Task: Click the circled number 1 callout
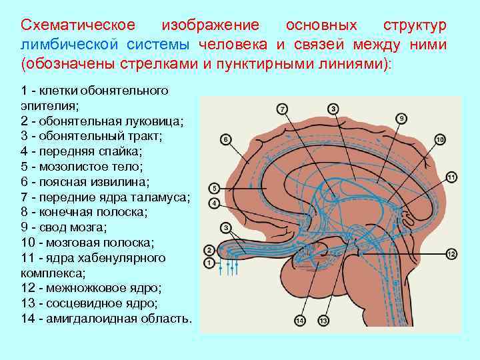(x=210, y=263)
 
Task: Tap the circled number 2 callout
(x=210, y=251)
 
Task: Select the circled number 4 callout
(x=214, y=202)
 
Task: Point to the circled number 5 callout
(x=214, y=188)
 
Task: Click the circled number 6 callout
(x=225, y=139)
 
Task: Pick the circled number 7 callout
(x=283, y=108)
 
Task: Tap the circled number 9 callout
(x=401, y=118)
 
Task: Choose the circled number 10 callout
(x=440, y=139)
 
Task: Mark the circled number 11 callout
(x=451, y=177)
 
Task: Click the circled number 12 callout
(x=451, y=254)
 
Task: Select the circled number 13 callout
(x=323, y=321)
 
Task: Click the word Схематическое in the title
(x=78, y=25)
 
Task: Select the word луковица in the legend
(x=152, y=121)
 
